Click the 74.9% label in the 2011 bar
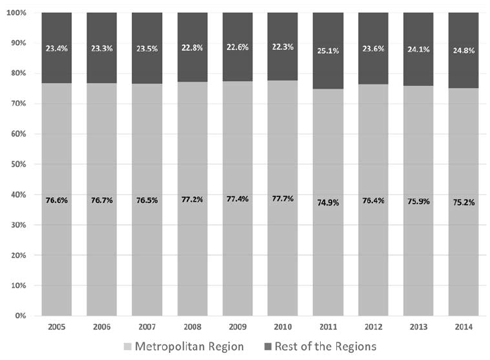click(327, 203)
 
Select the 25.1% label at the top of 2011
click(327, 51)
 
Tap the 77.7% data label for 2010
click(282, 199)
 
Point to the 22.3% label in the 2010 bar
click(282, 49)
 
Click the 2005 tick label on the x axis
click(56, 327)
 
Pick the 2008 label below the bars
click(192, 327)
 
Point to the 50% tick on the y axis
click(18, 164)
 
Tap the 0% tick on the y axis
click(20, 316)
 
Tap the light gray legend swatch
click(127, 347)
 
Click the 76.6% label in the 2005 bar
click(56, 199)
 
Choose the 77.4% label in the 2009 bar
click(237, 199)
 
